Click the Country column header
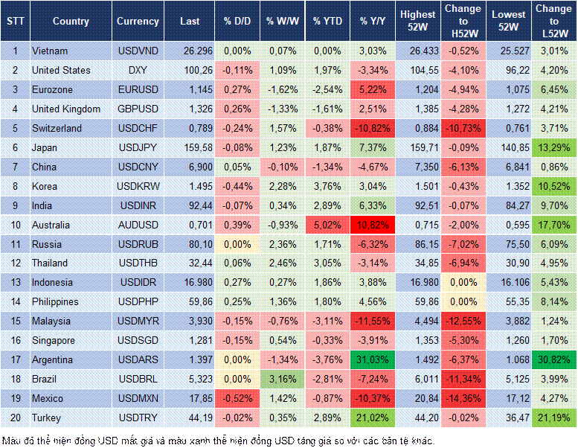click(71, 22)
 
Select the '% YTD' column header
click(327, 22)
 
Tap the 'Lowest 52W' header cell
click(508, 22)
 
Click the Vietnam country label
click(51, 51)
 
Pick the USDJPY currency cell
click(138, 147)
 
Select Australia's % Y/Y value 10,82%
click(374, 225)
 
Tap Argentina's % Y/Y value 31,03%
click(374, 360)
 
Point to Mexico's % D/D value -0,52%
click(237, 399)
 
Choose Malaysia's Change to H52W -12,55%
click(463, 321)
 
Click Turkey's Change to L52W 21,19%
click(553, 418)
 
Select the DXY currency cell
click(138, 70)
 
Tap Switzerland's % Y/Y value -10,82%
click(374, 128)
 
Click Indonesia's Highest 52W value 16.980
click(417, 283)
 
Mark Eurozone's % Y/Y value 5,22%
click(374, 89)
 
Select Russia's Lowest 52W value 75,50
click(508, 244)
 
